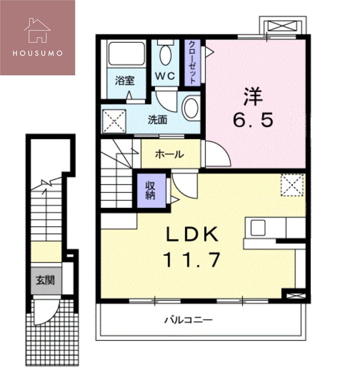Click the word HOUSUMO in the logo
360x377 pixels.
(x=37, y=53)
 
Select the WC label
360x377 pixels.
(x=165, y=76)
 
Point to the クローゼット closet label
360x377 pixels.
(x=192, y=62)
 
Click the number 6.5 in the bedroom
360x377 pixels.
(x=253, y=121)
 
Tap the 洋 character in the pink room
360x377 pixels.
(x=253, y=97)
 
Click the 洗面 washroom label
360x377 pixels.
(x=157, y=120)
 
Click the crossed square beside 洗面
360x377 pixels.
(x=114, y=121)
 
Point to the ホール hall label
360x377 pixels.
(x=169, y=154)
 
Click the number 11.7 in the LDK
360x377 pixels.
(x=192, y=260)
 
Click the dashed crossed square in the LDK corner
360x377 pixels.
(x=292, y=185)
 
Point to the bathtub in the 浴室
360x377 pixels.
(x=126, y=54)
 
